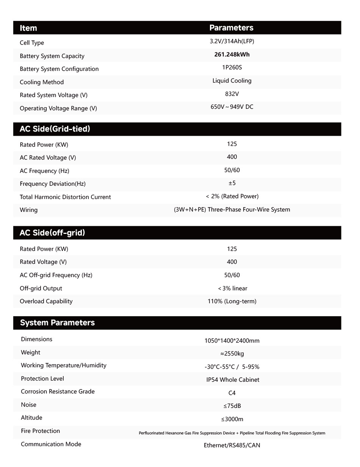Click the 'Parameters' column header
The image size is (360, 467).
(231, 28)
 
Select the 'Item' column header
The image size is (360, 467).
(28, 28)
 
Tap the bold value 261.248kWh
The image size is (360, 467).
(232, 55)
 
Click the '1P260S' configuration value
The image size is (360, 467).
(232, 67)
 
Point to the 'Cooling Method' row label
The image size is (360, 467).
(42, 82)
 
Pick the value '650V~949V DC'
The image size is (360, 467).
(232, 107)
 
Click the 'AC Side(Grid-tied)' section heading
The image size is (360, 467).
(55, 129)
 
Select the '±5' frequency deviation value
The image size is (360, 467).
(232, 183)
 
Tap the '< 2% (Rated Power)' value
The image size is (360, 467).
(232, 196)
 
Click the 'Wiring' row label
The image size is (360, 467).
(29, 210)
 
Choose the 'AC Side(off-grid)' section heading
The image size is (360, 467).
(52, 233)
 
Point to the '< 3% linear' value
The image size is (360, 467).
(233, 288)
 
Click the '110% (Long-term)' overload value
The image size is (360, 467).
(232, 301)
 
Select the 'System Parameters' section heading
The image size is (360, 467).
(57, 323)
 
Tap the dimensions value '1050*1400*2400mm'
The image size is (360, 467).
(232, 340)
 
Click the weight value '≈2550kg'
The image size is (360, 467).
(232, 354)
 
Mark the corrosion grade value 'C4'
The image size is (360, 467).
(232, 393)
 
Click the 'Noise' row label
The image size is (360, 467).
(29, 405)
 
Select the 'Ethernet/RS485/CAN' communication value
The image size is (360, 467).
(232, 445)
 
